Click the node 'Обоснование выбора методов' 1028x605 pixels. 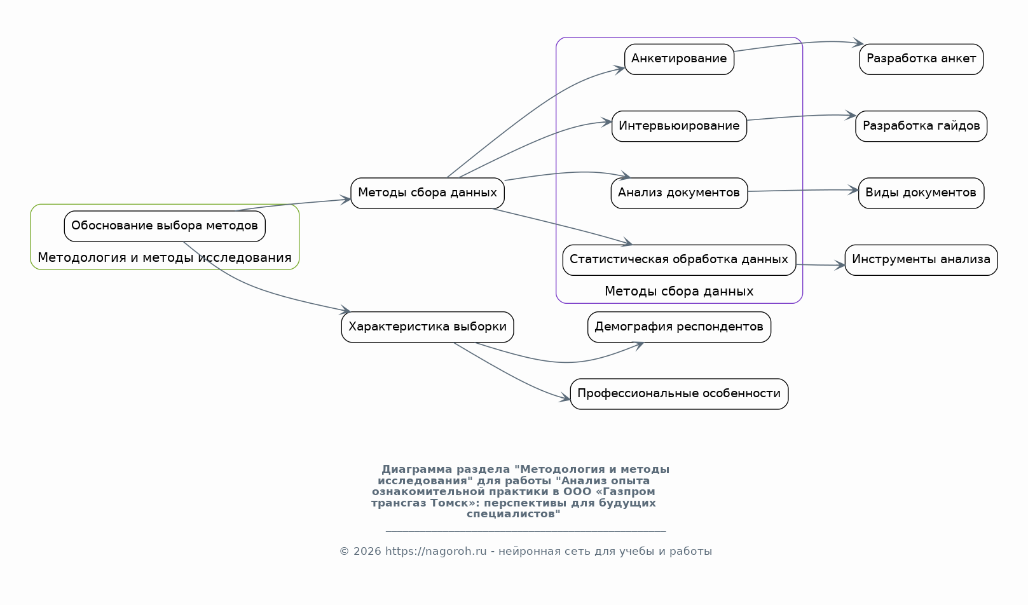coord(165,226)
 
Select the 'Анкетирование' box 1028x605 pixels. coord(679,59)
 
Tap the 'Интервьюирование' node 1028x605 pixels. coord(679,126)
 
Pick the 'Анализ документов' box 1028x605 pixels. coord(679,193)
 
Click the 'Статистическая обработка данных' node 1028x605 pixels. coord(679,260)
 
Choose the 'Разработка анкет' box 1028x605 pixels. coord(921,59)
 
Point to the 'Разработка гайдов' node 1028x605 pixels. coord(921,126)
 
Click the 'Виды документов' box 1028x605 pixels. coord(921,193)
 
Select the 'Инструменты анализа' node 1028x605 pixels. coord(921,260)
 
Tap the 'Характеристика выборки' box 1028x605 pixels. coord(427,327)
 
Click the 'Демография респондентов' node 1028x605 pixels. coord(679,327)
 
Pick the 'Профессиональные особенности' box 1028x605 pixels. coord(679,394)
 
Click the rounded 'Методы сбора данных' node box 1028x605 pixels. coord(427,193)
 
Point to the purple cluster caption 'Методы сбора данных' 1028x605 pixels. coord(679,292)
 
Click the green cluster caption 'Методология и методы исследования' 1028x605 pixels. coord(165,258)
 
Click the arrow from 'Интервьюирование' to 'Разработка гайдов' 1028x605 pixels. coord(801,116)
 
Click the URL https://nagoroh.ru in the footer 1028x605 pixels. coord(435,552)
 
